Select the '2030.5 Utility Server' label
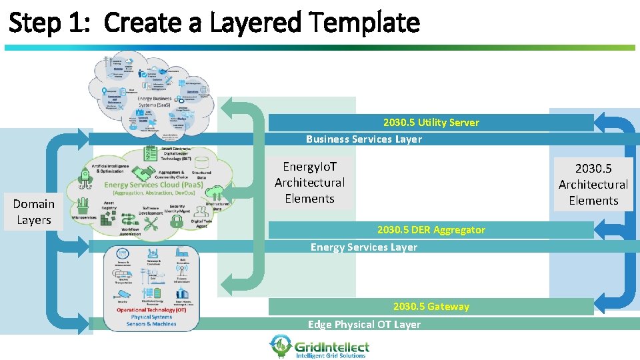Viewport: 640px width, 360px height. pos(431,123)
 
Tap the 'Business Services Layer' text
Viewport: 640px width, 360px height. pos(363,139)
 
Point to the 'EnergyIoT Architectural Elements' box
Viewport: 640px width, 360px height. pos(309,182)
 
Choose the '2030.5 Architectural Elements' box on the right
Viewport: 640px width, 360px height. pos(593,184)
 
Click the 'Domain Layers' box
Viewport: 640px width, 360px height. pos(33,212)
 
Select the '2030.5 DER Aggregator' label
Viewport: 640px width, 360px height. pos(431,230)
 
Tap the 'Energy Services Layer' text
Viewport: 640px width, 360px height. pos(363,247)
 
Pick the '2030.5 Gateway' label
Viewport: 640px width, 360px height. pos(431,307)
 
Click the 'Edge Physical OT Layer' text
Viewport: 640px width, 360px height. pos(364,325)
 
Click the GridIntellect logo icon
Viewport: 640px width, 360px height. pos(280,345)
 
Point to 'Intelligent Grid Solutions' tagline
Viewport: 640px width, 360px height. pos(331,356)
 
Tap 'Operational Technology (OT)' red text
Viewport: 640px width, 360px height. pos(151,310)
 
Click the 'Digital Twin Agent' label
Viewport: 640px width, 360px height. pos(201,223)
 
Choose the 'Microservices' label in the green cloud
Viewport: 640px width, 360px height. pos(83,217)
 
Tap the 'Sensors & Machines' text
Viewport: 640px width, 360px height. pos(151,324)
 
